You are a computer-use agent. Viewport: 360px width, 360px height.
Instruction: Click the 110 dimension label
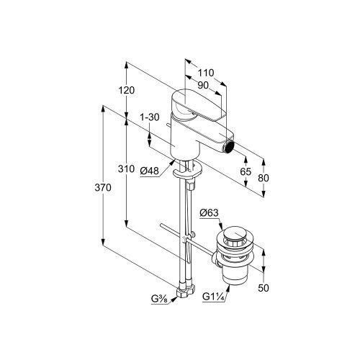(x=206, y=73)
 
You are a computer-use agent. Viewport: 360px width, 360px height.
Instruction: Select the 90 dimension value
(x=203, y=85)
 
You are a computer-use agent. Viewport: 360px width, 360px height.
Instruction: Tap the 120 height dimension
(x=127, y=90)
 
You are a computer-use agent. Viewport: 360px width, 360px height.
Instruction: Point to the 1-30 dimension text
(x=150, y=117)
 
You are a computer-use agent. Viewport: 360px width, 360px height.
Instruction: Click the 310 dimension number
(x=126, y=169)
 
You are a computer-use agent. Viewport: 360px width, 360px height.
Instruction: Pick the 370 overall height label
(x=103, y=187)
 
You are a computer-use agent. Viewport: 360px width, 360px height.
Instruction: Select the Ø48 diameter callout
(x=150, y=171)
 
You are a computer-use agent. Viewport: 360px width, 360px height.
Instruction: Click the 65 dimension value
(x=246, y=172)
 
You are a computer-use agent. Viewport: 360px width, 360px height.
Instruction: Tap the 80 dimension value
(x=264, y=178)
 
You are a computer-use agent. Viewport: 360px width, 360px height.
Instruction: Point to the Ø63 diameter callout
(x=210, y=213)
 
